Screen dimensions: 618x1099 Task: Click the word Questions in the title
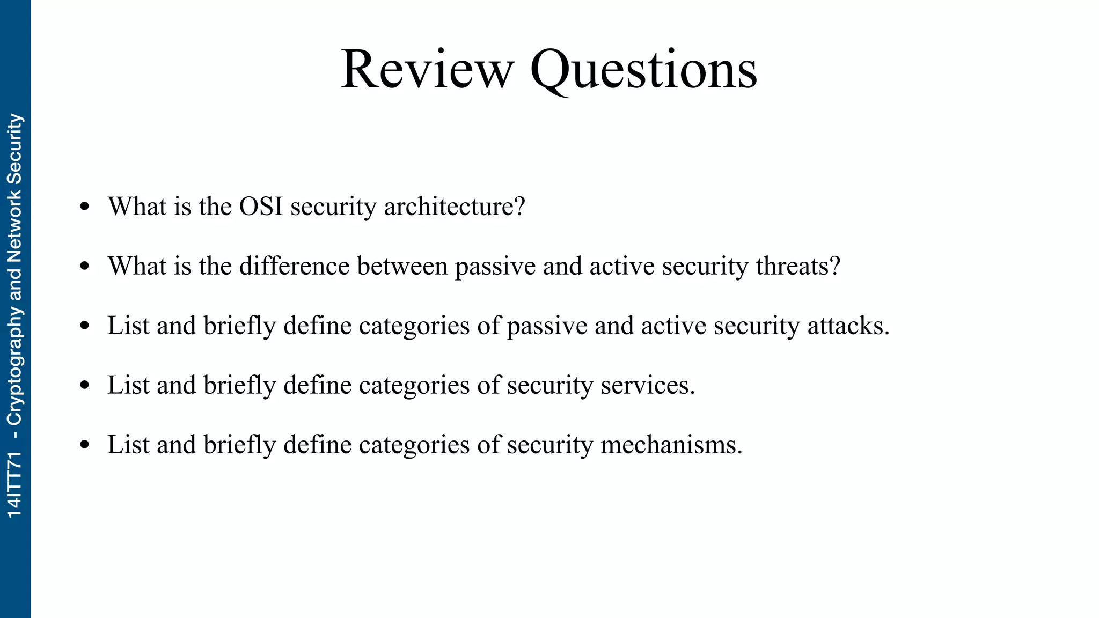coord(643,70)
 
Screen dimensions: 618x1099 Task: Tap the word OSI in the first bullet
coord(261,207)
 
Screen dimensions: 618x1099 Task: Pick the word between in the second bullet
coord(402,266)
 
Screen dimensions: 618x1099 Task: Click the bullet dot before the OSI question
coord(84,207)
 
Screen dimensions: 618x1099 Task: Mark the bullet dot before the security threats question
coord(84,267)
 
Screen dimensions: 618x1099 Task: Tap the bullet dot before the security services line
coord(84,386)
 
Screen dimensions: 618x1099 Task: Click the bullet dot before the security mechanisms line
coord(84,445)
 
